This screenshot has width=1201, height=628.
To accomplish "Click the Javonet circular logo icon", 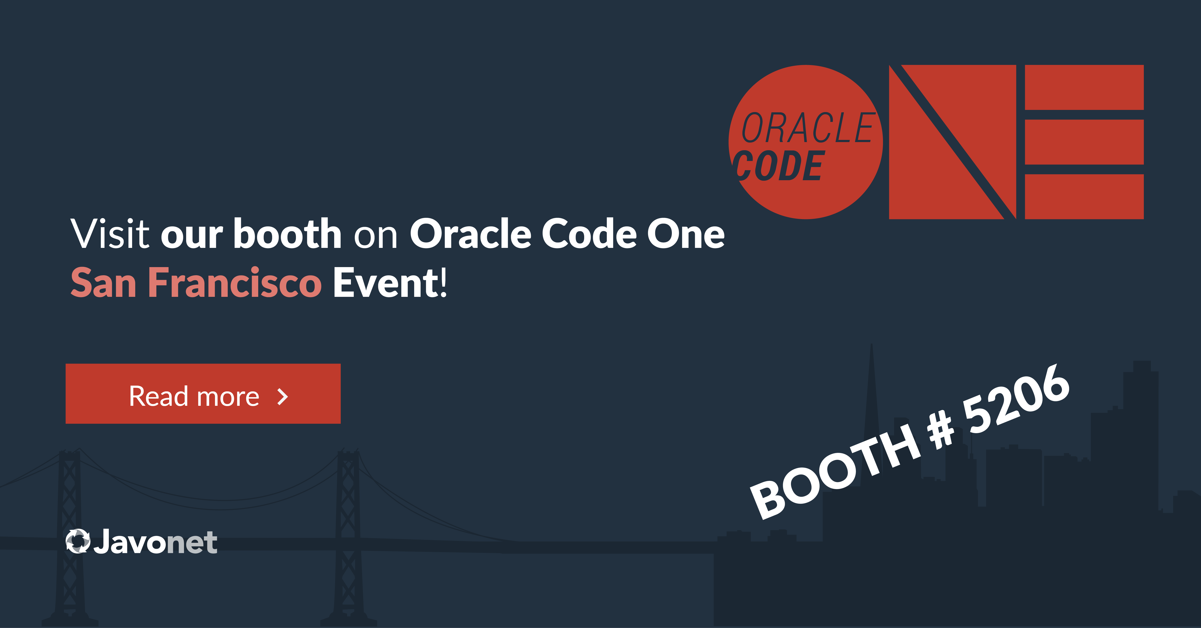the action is (77, 541).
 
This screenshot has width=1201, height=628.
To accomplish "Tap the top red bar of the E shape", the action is (1084, 88).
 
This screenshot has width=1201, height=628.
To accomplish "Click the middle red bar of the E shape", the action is (1084, 142).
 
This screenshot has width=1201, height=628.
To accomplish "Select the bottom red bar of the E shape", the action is (1084, 197).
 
